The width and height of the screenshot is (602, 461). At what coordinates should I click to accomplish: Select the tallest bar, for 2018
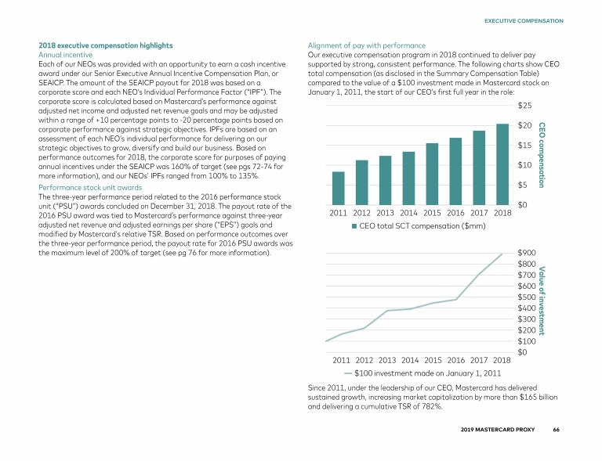[502, 164]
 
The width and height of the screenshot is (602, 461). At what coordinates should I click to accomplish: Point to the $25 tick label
[525, 105]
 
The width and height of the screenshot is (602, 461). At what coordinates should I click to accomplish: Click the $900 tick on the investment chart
[528, 253]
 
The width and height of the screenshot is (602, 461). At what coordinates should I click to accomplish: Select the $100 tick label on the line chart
[528, 341]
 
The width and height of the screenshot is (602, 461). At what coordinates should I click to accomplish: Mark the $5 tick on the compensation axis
[523, 185]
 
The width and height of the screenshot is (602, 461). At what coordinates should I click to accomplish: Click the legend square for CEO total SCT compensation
[354, 227]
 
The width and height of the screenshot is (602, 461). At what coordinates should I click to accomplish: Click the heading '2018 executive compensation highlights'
[106, 45]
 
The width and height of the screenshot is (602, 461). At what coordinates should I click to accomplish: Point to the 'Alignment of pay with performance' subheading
[367, 45]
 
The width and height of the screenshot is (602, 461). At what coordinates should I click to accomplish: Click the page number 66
[556, 430]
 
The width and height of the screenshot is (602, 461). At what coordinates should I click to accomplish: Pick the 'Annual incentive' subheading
[66, 55]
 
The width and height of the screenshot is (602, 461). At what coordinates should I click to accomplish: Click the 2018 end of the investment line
[502, 254]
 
